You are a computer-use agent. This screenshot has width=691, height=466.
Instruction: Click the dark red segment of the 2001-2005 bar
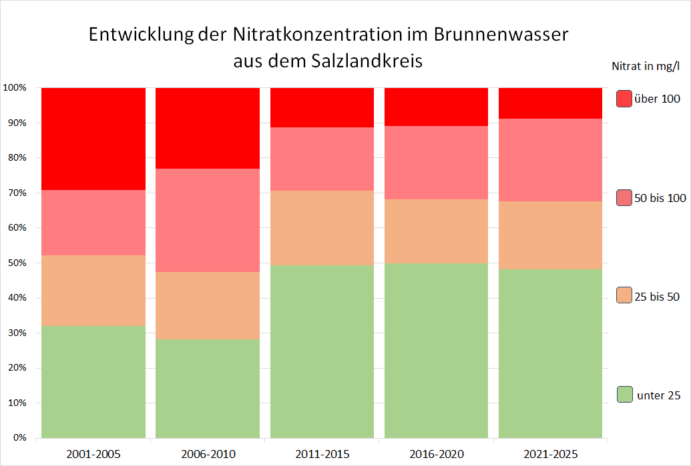coord(93,139)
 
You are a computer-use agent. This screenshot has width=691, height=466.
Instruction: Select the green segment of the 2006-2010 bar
coord(208,389)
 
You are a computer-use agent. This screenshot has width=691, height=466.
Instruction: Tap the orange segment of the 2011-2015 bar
coord(322,228)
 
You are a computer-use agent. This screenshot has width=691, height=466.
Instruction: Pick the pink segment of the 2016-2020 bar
coord(436,163)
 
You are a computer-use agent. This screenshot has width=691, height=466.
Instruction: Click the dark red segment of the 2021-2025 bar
coord(550,103)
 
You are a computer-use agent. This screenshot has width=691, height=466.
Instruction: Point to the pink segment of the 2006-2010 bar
coord(208,220)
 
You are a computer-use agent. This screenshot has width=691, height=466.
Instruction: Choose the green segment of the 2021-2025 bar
coord(550,353)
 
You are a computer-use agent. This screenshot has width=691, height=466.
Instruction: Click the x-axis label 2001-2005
coord(93,455)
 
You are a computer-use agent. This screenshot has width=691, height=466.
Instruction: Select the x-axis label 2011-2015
coord(322,455)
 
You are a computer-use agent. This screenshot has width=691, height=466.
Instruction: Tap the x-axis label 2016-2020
coord(436,455)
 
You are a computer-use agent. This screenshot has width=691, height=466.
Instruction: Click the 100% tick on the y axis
coord(15,88)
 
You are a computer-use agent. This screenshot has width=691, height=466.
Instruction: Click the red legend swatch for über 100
coord(624,99)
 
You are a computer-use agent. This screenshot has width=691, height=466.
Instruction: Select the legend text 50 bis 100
coord(660,198)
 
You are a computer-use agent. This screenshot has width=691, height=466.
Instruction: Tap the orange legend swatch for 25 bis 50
coord(624,295)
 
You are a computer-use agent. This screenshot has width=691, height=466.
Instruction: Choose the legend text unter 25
coord(659,395)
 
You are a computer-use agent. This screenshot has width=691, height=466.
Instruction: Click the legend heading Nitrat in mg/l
coord(646,66)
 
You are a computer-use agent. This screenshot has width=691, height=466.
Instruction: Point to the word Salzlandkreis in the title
coord(367,61)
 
